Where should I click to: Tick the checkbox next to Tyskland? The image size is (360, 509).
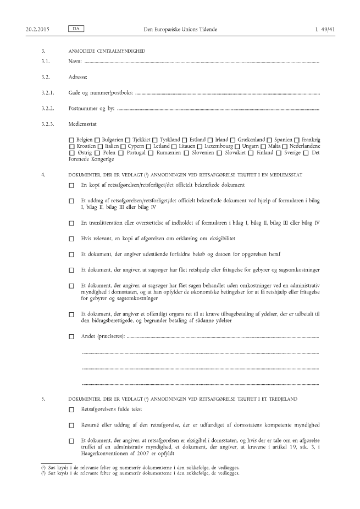pos(155,140)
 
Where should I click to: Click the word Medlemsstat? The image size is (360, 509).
pos(83,124)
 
